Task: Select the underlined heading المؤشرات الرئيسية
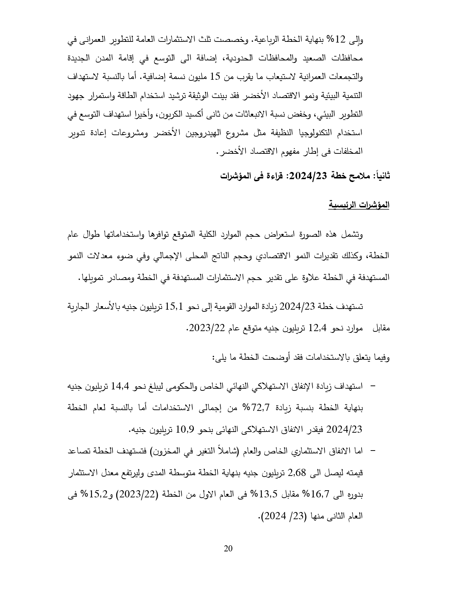coord(359,205)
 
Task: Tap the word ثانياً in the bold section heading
coord(381,176)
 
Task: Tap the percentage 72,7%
coord(261,407)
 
